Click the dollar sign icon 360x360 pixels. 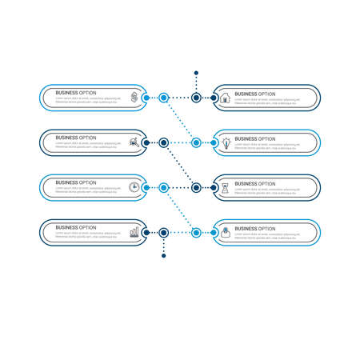click(x=134, y=98)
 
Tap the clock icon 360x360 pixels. click(x=134, y=187)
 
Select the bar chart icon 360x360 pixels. click(x=134, y=232)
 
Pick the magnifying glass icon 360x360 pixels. click(x=134, y=142)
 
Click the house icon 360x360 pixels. click(x=226, y=98)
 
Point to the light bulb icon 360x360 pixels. click(x=226, y=142)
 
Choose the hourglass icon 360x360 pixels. click(x=226, y=187)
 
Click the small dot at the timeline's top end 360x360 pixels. click(x=196, y=73)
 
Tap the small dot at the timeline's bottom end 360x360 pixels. click(x=164, y=256)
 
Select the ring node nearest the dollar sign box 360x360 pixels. click(x=164, y=98)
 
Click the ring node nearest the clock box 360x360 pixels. click(x=164, y=187)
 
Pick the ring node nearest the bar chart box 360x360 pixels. click(x=164, y=232)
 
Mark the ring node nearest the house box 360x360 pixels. click(x=196, y=98)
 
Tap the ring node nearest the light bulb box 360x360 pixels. click(x=196, y=142)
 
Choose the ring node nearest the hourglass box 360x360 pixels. click(x=196, y=187)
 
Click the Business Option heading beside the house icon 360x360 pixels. click(x=254, y=93)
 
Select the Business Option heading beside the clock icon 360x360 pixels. click(x=76, y=182)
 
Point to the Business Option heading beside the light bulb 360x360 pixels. click(x=254, y=138)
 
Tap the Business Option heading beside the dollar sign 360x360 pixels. click(x=76, y=93)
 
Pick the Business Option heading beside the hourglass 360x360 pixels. click(x=254, y=182)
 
